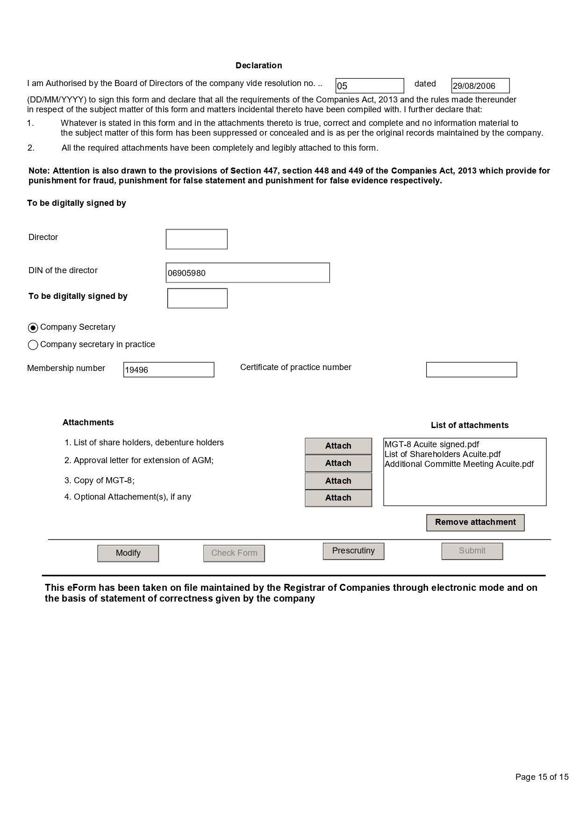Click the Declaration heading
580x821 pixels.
pos(258,65)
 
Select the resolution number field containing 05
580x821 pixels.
pos(369,86)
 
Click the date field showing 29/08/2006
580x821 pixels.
pos(480,86)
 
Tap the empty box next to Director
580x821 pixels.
pos(196,239)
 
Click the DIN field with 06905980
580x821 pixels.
pos(248,273)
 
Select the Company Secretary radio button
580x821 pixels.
pos(33,327)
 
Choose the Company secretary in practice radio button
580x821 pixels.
pos(33,345)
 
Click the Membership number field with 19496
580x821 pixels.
pos(169,370)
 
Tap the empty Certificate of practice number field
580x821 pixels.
pos(471,370)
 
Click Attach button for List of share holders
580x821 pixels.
pos(338,446)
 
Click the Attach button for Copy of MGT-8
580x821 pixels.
pos(338,481)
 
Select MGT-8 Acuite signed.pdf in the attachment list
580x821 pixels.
pos(432,444)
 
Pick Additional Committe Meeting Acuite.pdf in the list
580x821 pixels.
pos(459,464)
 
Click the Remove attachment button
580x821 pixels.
pos(475,523)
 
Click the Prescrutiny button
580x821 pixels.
pos(353,551)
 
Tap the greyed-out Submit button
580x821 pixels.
pos(472,551)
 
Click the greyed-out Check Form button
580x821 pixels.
pos(234,553)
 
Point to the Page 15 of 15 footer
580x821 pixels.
pos(542,777)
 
